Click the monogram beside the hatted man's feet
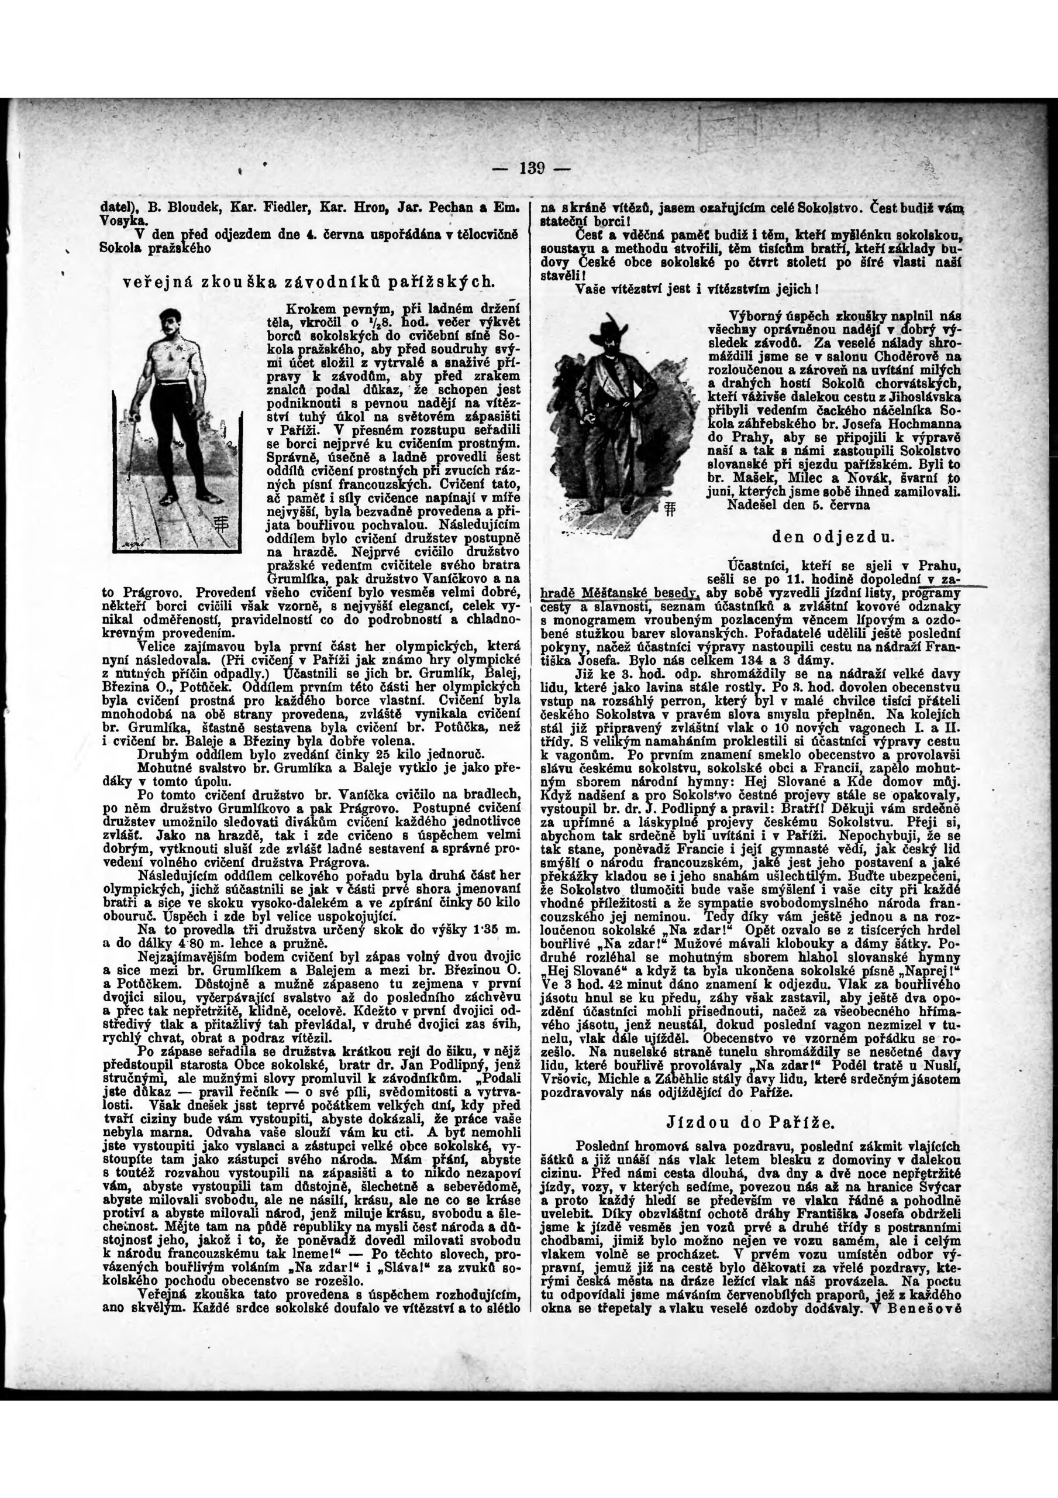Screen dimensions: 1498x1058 [667, 510]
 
